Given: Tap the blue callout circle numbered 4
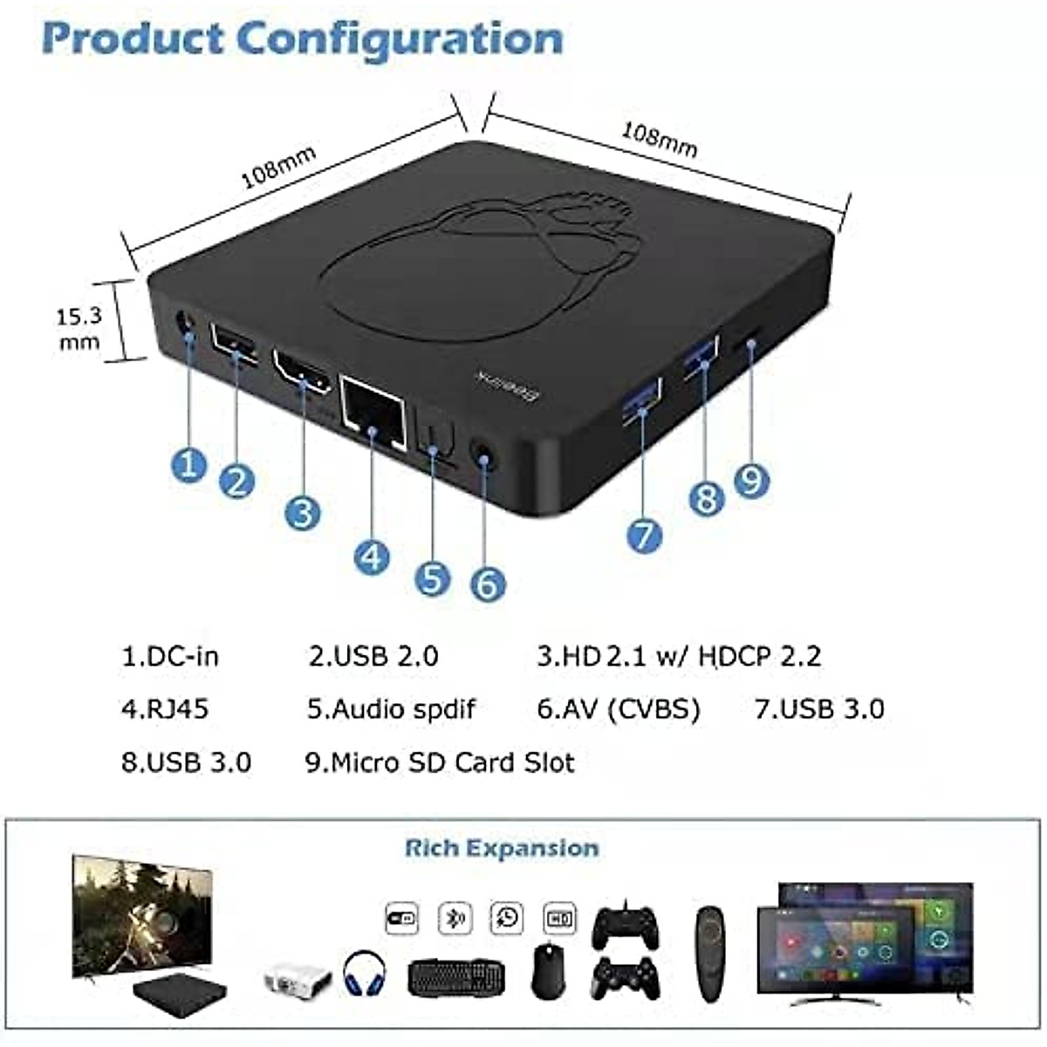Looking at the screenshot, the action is coord(372,556).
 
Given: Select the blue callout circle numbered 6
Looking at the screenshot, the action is coord(488,583).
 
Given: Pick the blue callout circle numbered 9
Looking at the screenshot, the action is coord(751,480).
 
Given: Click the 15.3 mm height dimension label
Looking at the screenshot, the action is coord(79,328).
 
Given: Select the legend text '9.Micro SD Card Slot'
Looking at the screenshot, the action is coord(440,763).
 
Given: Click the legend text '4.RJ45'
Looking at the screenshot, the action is coord(165,708).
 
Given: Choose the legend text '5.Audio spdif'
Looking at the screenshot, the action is coord(391,708).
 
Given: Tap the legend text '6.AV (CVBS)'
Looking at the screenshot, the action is coord(619,708).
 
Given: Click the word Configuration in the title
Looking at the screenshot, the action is coord(400,39).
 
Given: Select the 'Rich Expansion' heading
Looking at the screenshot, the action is coord(502,848).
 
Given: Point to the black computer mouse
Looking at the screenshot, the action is coord(548,970).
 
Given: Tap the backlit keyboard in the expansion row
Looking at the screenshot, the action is coord(455,977).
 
